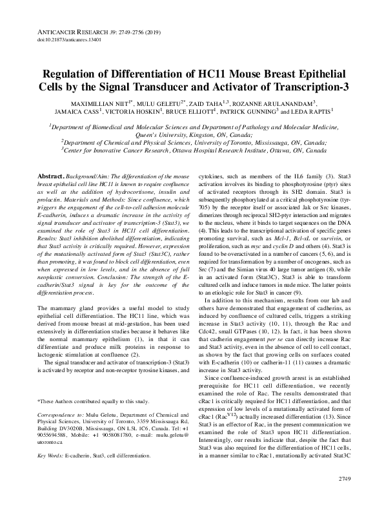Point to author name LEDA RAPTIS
click(x=318, y=111)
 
